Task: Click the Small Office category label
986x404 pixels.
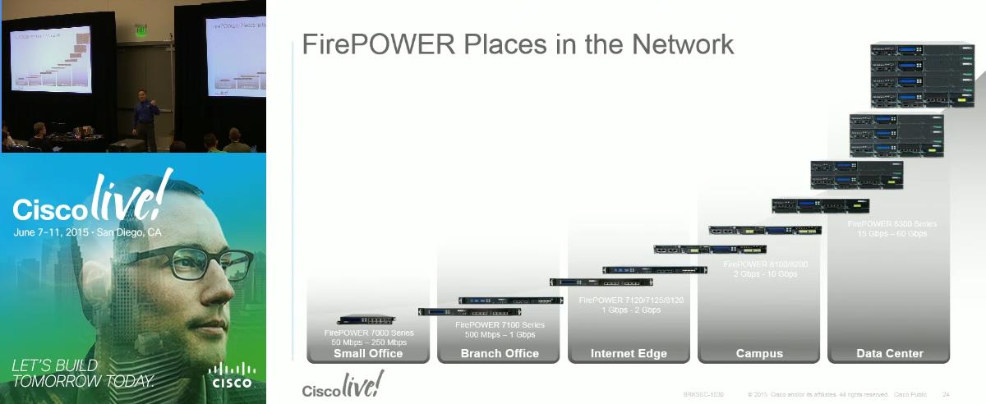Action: click(368, 354)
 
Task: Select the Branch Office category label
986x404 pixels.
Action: click(500, 354)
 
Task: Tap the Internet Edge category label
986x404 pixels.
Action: click(629, 354)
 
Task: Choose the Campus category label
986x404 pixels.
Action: click(759, 354)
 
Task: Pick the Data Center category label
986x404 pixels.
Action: click(890, 354)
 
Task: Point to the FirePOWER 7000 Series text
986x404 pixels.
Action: click(369, 333)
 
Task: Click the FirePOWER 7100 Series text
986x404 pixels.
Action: click(500, 325)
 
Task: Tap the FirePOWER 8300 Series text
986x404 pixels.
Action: click(892, 223)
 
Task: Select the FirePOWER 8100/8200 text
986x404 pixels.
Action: click(760, 264)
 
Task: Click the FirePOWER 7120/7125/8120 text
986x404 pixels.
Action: click(631, 301)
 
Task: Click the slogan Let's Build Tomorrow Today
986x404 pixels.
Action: click(82, 374)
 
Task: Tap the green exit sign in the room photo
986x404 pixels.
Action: click(141, 30)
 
